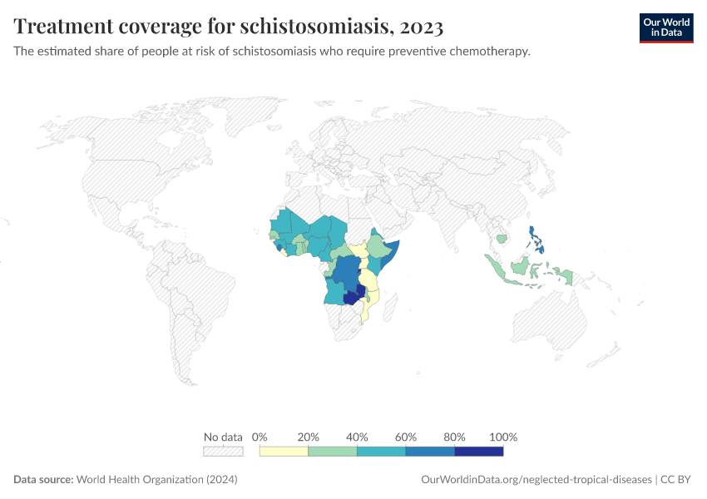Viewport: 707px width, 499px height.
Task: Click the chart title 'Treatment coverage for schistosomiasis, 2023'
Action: click(228, 27)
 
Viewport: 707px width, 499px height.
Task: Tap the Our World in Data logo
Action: click(665, 27)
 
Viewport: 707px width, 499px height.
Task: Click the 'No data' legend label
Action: click(223, 437)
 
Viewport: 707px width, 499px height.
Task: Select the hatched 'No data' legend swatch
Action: click(223, 451)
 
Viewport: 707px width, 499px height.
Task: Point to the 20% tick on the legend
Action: click(309, 437)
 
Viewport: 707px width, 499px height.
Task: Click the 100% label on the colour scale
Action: click(503, 437)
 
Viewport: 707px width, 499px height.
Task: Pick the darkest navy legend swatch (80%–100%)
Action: click(478, 451)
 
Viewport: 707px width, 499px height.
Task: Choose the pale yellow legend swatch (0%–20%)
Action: click(284, 451)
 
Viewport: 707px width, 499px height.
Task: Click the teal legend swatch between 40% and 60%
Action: click(381, 451)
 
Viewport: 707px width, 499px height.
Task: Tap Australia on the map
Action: click(550, 320)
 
